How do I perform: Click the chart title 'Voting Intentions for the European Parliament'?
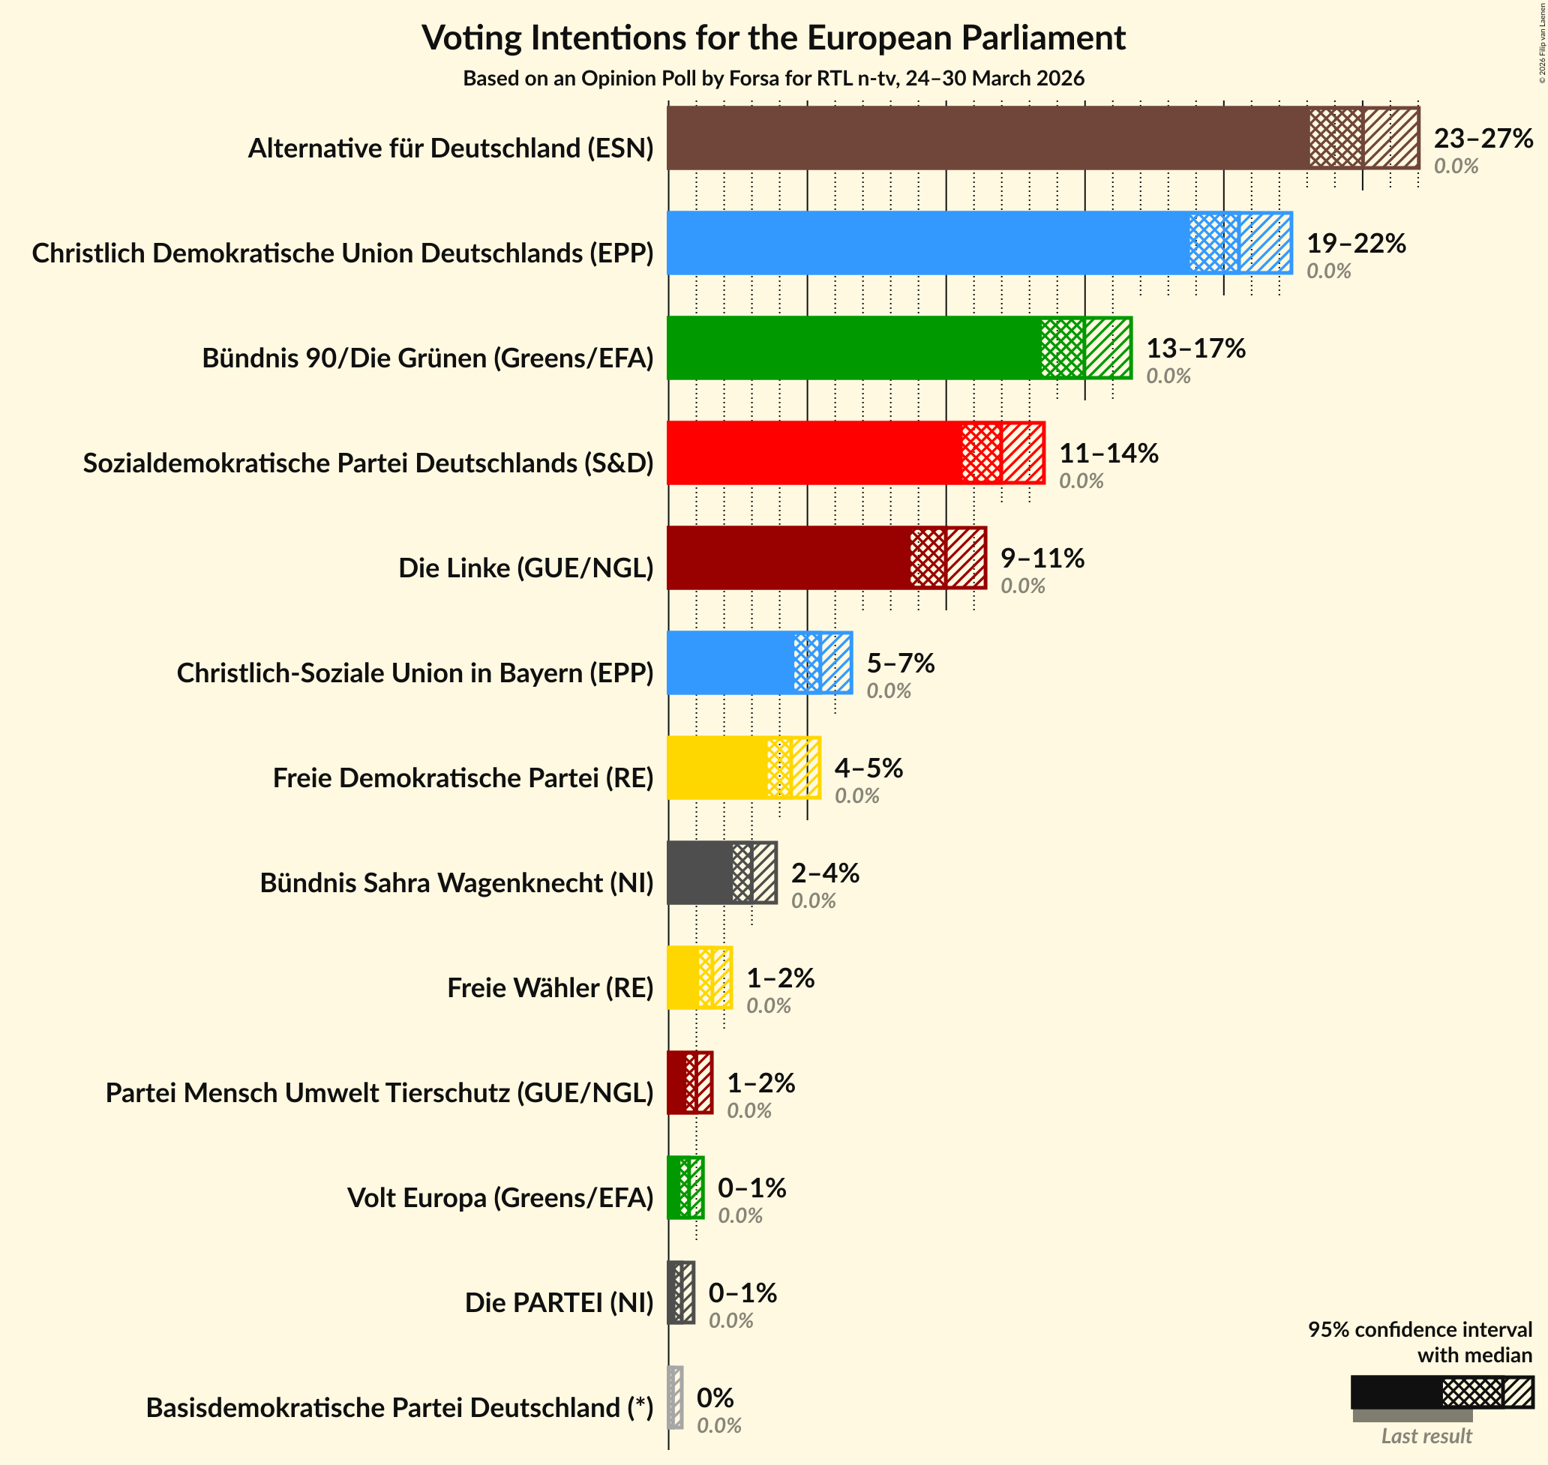point(773,37)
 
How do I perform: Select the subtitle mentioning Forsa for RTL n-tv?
point(773,79)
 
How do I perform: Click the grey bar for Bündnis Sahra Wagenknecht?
point(700,873)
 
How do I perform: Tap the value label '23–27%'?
point(1483,138)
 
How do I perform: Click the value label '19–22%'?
point(1356,244)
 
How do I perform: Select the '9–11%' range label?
point(1042,559)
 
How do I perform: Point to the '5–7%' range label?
point(900,663)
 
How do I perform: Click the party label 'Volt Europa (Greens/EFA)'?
point(499,1197)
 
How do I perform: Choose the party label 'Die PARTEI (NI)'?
point(559,1302)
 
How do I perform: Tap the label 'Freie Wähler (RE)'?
point(550,988)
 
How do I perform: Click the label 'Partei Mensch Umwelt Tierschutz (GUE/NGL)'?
point(379,1092)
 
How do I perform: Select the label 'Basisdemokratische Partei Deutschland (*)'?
point(399,1407)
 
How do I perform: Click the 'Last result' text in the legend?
point(1426,1435)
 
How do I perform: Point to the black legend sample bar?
point(1396,1392)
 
